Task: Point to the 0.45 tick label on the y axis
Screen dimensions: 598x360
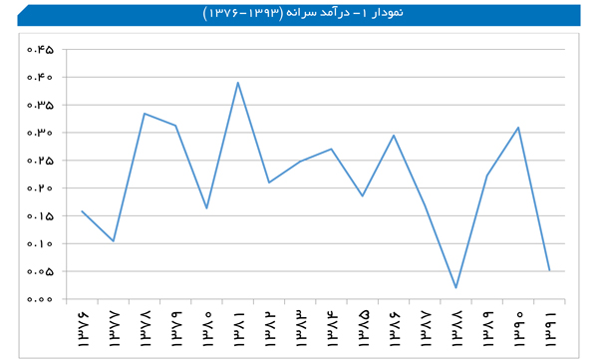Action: pyautogui.click(x=40, y=50)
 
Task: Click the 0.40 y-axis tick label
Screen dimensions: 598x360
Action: pyautogui.click(x=40, y=77)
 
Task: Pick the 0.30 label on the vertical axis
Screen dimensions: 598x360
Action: pyautogui.click(x=40, y=133)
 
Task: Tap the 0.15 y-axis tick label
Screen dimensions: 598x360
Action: pyautogui.click(x=40, y=216)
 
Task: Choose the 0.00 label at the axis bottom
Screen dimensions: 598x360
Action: pyautogui.click(x=40, y=299)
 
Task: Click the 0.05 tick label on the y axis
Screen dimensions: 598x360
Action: pyautogui.click(x=40, y=271)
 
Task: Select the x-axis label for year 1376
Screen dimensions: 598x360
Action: pyautogui.click(x=83, y=329)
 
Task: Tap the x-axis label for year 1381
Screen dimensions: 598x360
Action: pyautogui.click(x=238, y=329)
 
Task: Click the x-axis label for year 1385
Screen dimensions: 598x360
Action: pyautogui.click(x=363, y=329)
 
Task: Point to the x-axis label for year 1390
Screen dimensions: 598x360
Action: pyautogui.click(x=518, y=329)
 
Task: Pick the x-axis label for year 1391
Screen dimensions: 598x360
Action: pyautogui.click(x=550, y=329)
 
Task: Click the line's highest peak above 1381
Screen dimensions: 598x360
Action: pyautogui.click(x=238, y=83)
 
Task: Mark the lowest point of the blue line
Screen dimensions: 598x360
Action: pyautogui.click(x=456, y=287)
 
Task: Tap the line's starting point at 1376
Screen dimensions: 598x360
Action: pyautogui.click(x=82, y=211)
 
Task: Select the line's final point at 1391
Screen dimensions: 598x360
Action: pyautogui.click(x=549, y=270)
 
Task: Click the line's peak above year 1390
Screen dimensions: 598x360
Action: pyautogui.click(x=518, y=128)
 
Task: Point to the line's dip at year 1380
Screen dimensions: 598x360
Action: pyautogui.click(x=206, y=208)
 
